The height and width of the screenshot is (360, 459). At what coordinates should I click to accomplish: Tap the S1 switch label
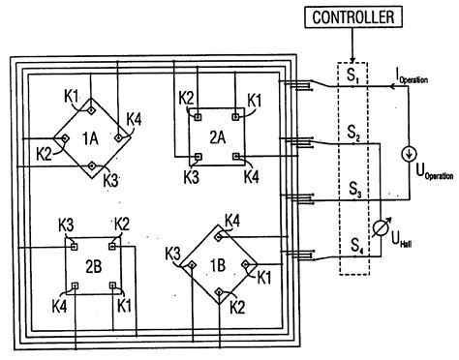(355, 75)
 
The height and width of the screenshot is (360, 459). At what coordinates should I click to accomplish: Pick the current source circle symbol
(408, 151)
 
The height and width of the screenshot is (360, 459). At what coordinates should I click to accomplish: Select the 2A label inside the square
(216, 135)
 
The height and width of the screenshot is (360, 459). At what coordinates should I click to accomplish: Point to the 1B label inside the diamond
(220, 261)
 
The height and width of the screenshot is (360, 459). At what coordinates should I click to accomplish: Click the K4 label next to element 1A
(135, 119)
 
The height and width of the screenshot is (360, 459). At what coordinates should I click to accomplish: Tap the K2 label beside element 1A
(45, 152)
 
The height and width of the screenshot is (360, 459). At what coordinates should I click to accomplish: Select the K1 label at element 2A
(255, 99)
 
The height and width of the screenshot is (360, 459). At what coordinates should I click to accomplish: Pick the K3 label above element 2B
(65, 224)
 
